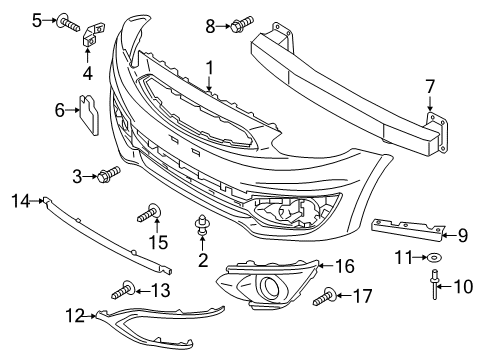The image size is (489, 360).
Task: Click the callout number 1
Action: click(x=210, y=68)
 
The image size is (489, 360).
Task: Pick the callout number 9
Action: click(x=463, y=236)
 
